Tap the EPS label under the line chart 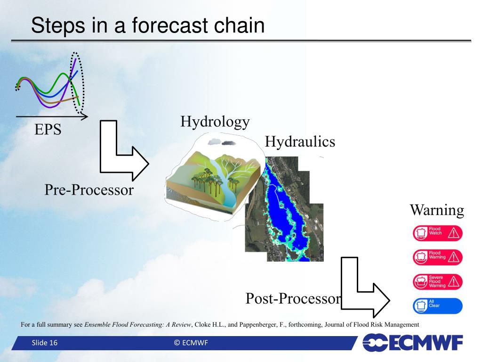point(48,129)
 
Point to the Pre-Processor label point(89,189)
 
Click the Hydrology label point(215,122)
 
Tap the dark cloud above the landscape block point(229,143)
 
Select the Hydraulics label point(300,141)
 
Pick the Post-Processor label point(293,298)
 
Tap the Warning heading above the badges point(437,210)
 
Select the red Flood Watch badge point(437,233)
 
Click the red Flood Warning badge point(437,257)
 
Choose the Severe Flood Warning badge point(437,282)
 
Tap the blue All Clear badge point(437,306)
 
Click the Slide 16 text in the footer point(45,343)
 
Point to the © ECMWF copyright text point(191,343)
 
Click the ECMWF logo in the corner point(413,343)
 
